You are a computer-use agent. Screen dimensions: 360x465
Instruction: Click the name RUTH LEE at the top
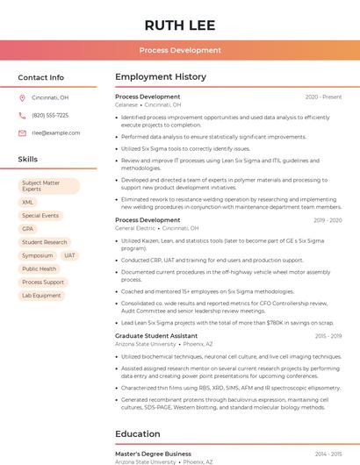180,24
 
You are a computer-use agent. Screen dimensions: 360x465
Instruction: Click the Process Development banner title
180,50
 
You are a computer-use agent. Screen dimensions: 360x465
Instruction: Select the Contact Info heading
40,77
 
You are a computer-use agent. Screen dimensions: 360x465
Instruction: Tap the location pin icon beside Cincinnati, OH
22,98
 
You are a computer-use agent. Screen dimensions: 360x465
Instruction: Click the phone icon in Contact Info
22,116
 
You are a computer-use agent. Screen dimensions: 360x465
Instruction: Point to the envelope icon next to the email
22,133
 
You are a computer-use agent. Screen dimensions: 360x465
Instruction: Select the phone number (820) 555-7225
50,116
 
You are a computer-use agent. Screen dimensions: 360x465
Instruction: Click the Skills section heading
28,160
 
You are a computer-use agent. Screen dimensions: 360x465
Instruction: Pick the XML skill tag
28,202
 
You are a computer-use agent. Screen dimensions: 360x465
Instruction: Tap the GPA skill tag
28,229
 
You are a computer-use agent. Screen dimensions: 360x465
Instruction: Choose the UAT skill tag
69,255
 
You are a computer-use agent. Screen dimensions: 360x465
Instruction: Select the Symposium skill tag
38,255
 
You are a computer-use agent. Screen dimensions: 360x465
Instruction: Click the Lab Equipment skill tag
41,296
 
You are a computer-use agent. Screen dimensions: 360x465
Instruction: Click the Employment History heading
161,77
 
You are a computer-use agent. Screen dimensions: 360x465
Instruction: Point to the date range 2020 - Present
323,97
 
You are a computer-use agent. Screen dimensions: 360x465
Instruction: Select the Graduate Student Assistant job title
156,336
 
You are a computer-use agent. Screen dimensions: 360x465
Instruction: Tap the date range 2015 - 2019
328,336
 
